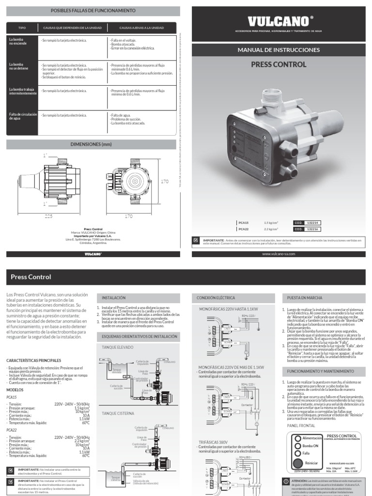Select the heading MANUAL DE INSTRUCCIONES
click(x=279, y=50)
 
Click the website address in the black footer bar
click(x=279, y=253)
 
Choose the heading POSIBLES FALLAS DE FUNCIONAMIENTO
click(x=93, y=10)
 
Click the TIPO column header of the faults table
click(x=22, y=28)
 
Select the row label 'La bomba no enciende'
click(x=20, y=42)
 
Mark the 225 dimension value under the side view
click(x=48, y=217)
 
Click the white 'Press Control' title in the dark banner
click(x=31, y=277)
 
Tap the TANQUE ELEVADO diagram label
click(x=118, y=347)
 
